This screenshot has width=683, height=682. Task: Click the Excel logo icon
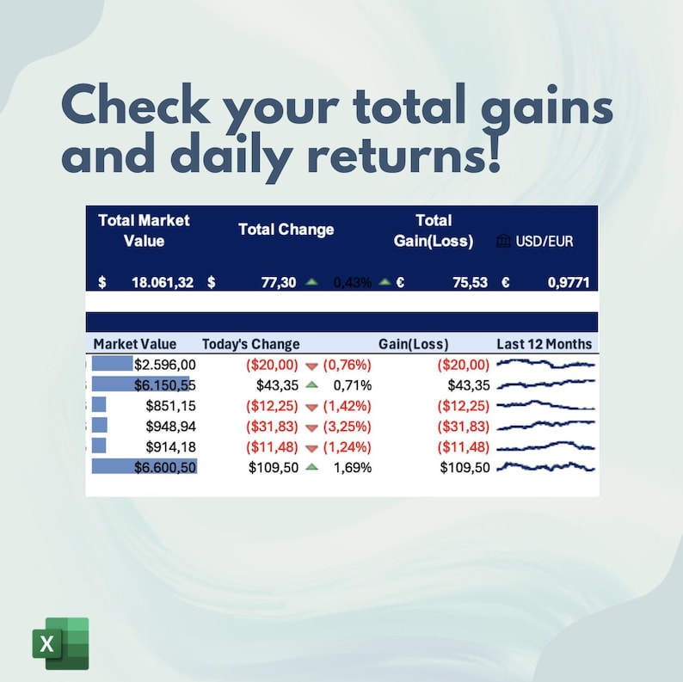60,642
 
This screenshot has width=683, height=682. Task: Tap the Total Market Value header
144,230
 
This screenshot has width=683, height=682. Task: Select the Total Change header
286,230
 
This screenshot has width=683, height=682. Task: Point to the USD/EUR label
545,242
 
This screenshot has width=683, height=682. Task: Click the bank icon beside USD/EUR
504,242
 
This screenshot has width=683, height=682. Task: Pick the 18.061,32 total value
162,283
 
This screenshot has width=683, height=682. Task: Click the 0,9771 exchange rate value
569,283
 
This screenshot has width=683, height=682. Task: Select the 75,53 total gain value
471,283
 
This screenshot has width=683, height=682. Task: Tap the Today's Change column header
250,344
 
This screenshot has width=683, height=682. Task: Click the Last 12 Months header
545,344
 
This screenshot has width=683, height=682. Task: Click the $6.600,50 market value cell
165,467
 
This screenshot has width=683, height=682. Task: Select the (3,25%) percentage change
347,427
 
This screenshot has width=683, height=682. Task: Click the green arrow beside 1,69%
311,467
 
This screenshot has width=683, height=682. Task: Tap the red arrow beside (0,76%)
311,366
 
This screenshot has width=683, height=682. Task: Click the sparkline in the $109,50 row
545,467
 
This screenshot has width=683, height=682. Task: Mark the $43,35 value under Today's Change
277,385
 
